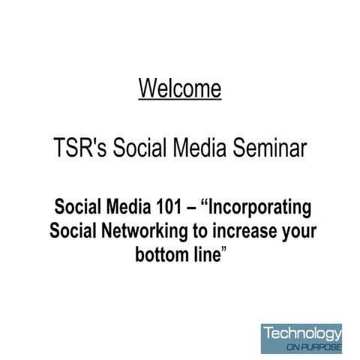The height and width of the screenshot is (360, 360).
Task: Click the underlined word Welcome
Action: point(180,88)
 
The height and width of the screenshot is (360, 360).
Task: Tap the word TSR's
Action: point(81,148)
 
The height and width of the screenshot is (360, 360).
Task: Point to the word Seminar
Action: point(268,148)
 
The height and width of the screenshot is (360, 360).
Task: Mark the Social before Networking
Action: point(73,230)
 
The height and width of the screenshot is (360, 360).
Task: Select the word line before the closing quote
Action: point(206,254)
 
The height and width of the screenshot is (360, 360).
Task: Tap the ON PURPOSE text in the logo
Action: point(313,348)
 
